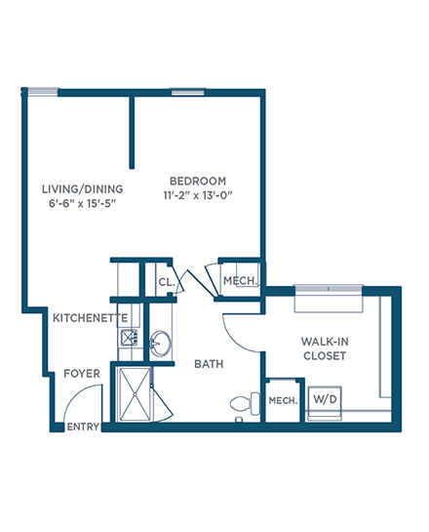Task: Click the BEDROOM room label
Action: [x=198, y=181]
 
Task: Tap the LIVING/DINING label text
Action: [x=82, y=189]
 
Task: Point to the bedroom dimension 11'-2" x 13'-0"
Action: [x=198, y=196]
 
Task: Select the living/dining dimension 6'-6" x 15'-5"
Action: [x=82, y=204]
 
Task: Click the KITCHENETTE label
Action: [x=91, y=318]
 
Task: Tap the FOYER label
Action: [x=82, y=374]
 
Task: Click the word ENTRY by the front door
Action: [x=83, y=427]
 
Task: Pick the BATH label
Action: [x=209, y=364]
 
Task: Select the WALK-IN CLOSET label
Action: [x=325, y=348]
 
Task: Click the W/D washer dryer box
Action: [x=325, y=399]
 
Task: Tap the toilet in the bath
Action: [x=245, y=403]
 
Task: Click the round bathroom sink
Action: [x=161, y=344]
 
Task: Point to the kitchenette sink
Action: [x=130, y=337]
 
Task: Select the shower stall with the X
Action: [x=135, y=394]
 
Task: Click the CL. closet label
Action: [x=167, y=282]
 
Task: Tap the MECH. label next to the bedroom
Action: [x=240, y=280]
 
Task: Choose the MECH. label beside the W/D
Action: [x=283, y=400]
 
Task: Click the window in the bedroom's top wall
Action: [x=188, y=92]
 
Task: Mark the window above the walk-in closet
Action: [x=329, y=289]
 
